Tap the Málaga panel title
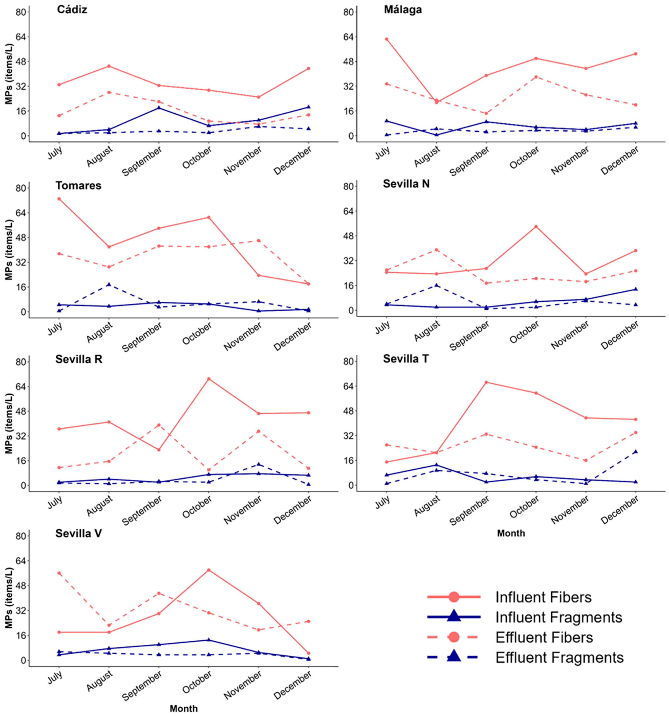pos(403,9)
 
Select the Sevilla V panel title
pos(79,533)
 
